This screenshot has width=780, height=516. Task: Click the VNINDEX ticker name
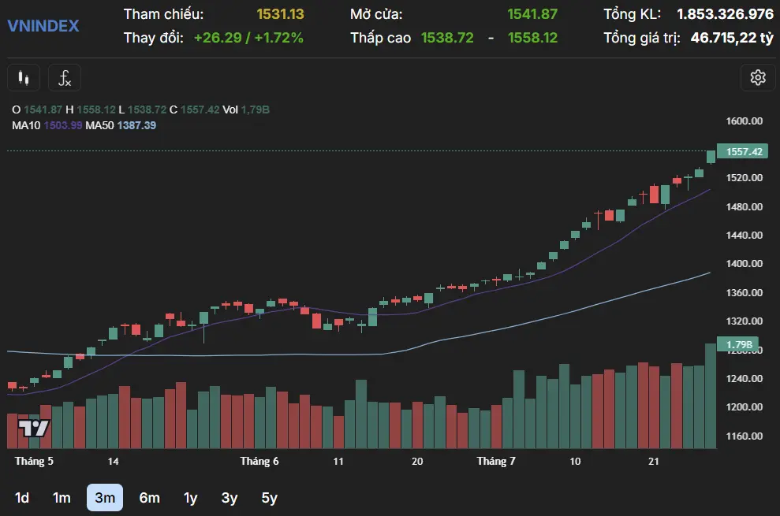coord(43,26)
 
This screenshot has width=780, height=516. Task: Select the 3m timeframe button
coord(105,497)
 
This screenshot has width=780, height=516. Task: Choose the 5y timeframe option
coord(269,497)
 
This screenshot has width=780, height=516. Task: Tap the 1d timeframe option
coord(23,497)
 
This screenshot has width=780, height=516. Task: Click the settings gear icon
coord(758,77)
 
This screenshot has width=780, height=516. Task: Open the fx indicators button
coord(65,78)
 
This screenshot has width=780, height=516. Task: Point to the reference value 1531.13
coord(280,14)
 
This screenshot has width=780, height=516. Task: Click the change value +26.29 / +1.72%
coord(248,37)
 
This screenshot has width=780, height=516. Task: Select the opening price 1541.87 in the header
coord(532,14)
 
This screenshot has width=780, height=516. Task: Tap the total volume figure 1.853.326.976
coord(725,14)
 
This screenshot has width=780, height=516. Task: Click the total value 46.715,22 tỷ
coord(732,37)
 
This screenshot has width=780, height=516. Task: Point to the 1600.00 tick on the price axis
coord(745,121)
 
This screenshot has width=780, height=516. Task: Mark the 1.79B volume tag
coord(739,345)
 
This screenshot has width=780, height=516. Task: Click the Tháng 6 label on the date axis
coord(259,461)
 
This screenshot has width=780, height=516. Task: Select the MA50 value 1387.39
coord(136,125)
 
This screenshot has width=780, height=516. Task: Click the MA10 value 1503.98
coord(64,125)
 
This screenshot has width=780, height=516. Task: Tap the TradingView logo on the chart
coord(34,429)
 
